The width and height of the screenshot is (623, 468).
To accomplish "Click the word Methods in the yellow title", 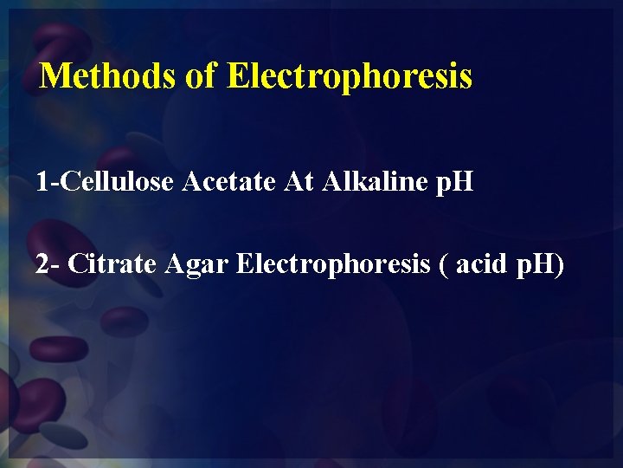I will point(108,75).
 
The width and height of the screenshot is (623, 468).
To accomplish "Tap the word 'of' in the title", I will point(201,75).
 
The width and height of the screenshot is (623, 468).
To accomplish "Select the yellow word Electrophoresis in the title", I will point(350,76).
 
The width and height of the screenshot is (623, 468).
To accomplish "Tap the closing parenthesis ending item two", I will point(560,263).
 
